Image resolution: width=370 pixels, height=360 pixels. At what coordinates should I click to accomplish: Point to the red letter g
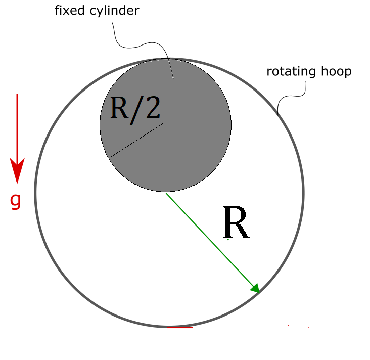[16, 201]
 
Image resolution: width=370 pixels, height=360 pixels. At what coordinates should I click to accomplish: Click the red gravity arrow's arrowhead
[17, 171]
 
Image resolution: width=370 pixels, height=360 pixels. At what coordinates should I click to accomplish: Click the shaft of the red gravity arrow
[17, 126]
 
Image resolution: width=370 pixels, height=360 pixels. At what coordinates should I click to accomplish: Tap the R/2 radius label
[134, 108]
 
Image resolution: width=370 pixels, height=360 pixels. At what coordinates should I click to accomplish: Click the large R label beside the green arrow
[236, 223]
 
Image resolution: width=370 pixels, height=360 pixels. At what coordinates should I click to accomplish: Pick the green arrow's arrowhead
[256, 289]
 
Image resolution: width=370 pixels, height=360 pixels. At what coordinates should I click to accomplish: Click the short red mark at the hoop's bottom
[179, 327]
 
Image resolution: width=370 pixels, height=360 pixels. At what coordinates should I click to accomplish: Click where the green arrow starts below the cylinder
[167, 194]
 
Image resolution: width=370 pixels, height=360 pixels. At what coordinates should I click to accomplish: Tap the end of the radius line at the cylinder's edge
[110, 157]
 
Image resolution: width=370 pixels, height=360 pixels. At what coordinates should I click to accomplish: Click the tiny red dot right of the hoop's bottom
[288, 325]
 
